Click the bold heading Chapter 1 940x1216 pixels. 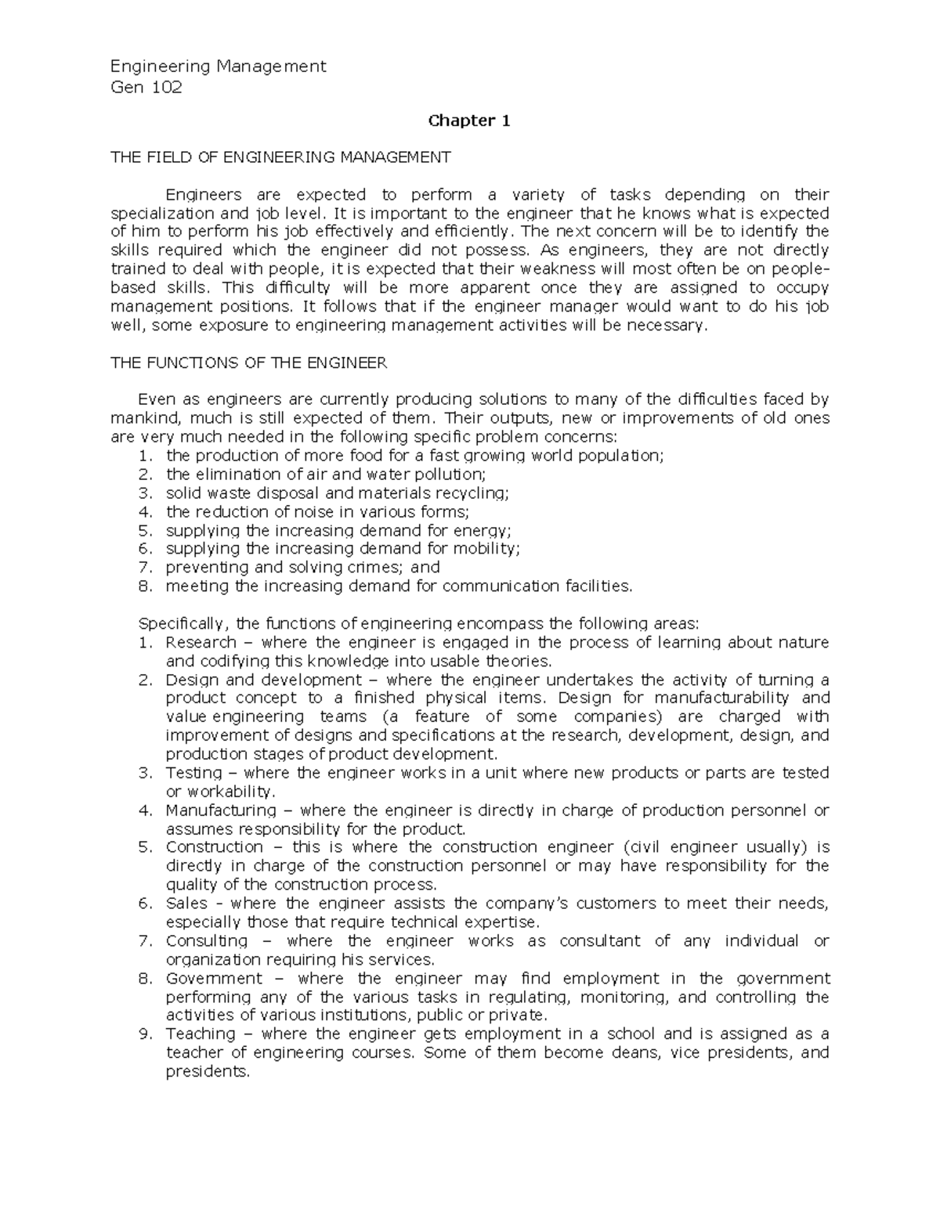468,121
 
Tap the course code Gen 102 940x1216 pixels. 146,87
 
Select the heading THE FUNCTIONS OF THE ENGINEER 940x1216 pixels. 249,363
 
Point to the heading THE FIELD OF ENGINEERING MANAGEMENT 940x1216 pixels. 281,157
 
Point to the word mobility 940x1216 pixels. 486,549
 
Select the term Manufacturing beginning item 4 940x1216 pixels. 221,810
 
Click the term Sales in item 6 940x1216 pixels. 186,904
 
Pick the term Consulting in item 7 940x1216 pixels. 206,941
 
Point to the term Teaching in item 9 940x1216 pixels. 200,1034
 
